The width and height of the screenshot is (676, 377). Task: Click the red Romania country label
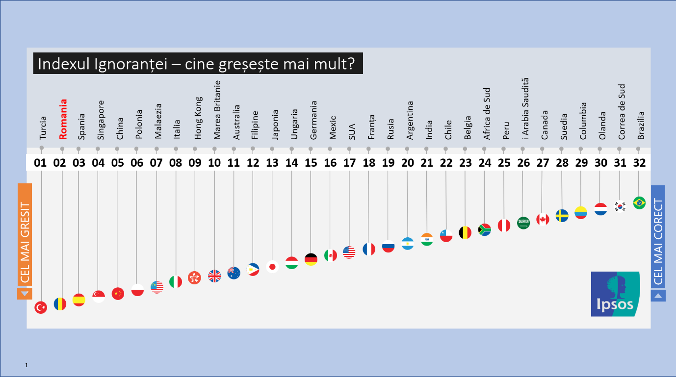(62, 119)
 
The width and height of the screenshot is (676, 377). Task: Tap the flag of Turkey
(41, 307)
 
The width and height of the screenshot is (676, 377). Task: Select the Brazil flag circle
(639, 203)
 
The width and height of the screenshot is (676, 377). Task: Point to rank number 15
(311, 163)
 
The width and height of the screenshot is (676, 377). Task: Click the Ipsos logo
(615, 294)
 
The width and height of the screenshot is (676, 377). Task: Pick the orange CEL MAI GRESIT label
(25, 235)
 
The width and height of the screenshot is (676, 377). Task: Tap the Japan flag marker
(272, 267)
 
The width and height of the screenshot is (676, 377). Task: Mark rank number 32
(640, 163)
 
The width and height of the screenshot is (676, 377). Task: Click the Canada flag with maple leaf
(543, 219)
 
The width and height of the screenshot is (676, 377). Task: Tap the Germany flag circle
(311, 259)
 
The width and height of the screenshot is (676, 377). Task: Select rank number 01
(41, 163)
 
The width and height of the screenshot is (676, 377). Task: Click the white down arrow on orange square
(25, 294)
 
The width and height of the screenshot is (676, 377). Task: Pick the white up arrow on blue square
(658, 295)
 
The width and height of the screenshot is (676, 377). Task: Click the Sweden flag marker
(562, 216)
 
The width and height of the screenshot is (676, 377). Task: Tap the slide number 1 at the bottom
(26, 365)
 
